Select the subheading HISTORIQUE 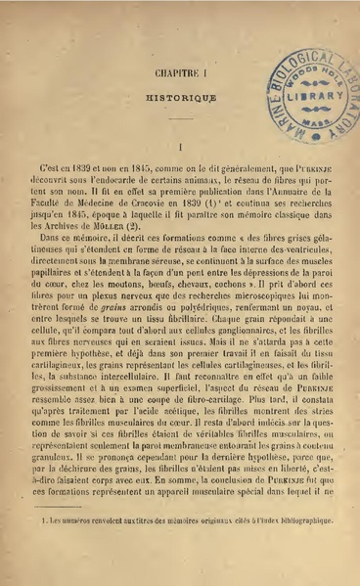176,100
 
